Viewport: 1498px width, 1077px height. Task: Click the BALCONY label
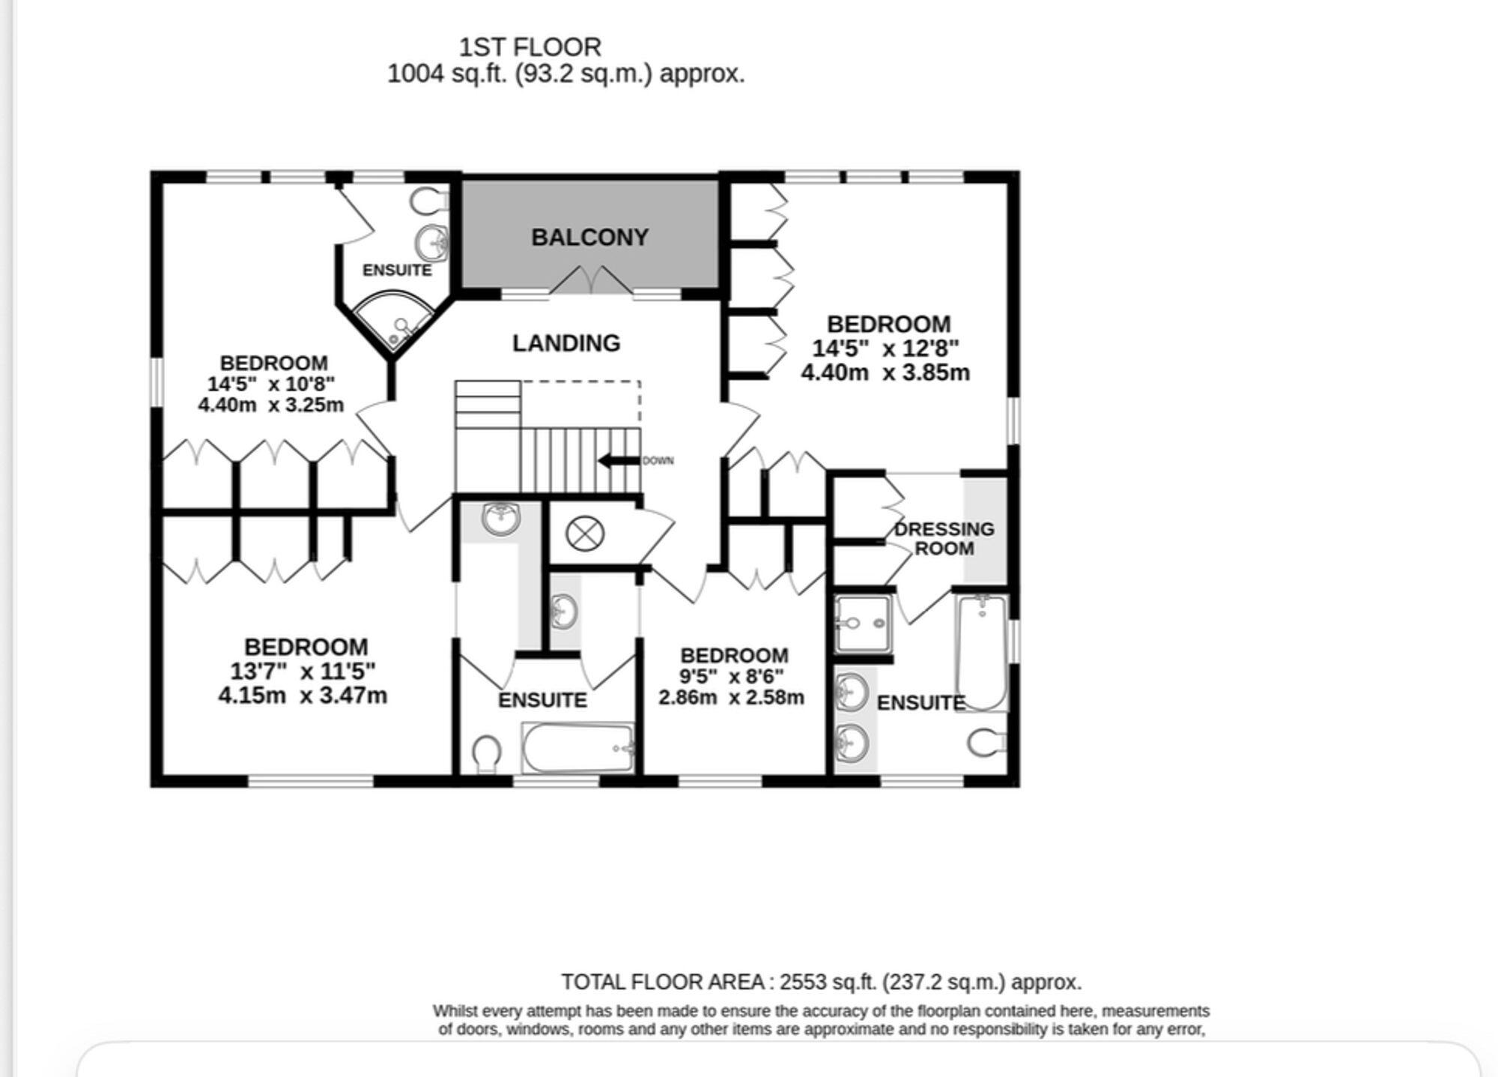click(x=589, y=238)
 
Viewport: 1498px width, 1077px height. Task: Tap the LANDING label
click(x=566, y=343)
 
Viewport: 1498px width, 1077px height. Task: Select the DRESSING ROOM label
click(x=944, y=538)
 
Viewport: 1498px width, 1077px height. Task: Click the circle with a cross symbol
click(x=585, y=534)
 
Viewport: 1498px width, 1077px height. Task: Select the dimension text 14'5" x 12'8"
click(x=885, y=349)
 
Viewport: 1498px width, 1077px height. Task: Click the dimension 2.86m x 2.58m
click(x=731, y=698)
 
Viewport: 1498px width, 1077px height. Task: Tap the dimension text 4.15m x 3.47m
click(x=303, y=696)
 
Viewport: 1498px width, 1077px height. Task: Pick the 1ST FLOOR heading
click(x=530, y=47)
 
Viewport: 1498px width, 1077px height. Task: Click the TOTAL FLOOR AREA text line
click(x=821, y=982)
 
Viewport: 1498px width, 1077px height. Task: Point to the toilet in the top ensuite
click(x=428, y=201)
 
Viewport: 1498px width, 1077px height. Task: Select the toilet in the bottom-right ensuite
click(x=986, y=743)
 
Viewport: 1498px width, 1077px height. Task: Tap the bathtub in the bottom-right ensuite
click(x=981, y=652)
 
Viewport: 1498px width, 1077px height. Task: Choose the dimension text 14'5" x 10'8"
click(x=271, y=384)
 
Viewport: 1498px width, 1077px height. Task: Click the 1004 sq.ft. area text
click(x=565, y=74)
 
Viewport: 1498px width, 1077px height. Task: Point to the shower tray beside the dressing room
click(x=863, y=624)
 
